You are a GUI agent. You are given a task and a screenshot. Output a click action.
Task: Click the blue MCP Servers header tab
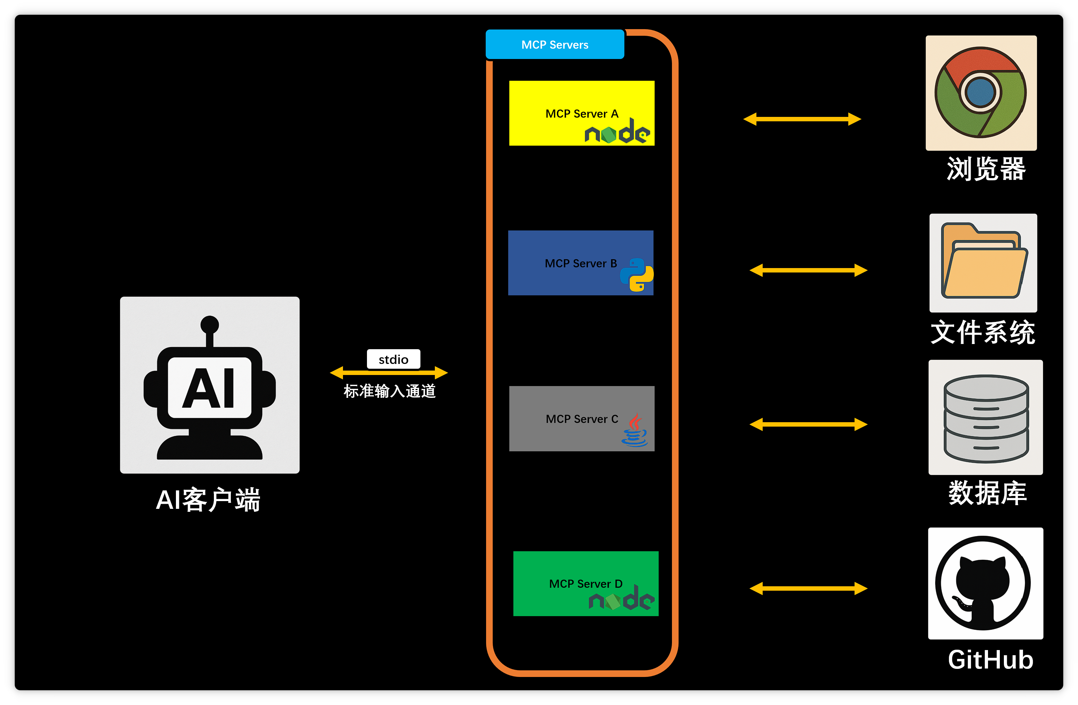555,44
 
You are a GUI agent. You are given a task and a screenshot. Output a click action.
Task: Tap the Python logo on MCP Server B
637,275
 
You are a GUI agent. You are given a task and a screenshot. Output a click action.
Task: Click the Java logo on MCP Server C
635,430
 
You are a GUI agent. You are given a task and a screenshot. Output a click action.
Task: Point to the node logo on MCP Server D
621,598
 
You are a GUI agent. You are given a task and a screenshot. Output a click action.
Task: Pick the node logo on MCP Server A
617,132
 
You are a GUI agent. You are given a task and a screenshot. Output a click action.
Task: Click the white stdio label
393,360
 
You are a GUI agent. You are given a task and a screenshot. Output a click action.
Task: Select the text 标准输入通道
389,391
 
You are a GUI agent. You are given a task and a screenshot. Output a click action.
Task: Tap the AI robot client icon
210,385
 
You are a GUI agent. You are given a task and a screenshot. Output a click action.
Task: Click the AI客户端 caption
208,500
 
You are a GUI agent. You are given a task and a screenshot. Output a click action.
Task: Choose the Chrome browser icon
981,93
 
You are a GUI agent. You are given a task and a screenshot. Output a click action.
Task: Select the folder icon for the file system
983,263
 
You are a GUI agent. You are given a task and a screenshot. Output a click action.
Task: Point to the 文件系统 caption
983,332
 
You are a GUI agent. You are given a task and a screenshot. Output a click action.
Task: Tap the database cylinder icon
985,417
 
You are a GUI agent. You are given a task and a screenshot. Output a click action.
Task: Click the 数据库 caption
987,493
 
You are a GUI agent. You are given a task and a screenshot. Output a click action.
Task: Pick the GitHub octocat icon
983,583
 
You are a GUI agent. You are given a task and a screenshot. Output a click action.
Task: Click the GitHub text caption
991,660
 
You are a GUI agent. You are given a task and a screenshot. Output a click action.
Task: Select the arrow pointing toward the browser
802,119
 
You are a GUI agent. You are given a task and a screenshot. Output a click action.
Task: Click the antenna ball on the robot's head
210,324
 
